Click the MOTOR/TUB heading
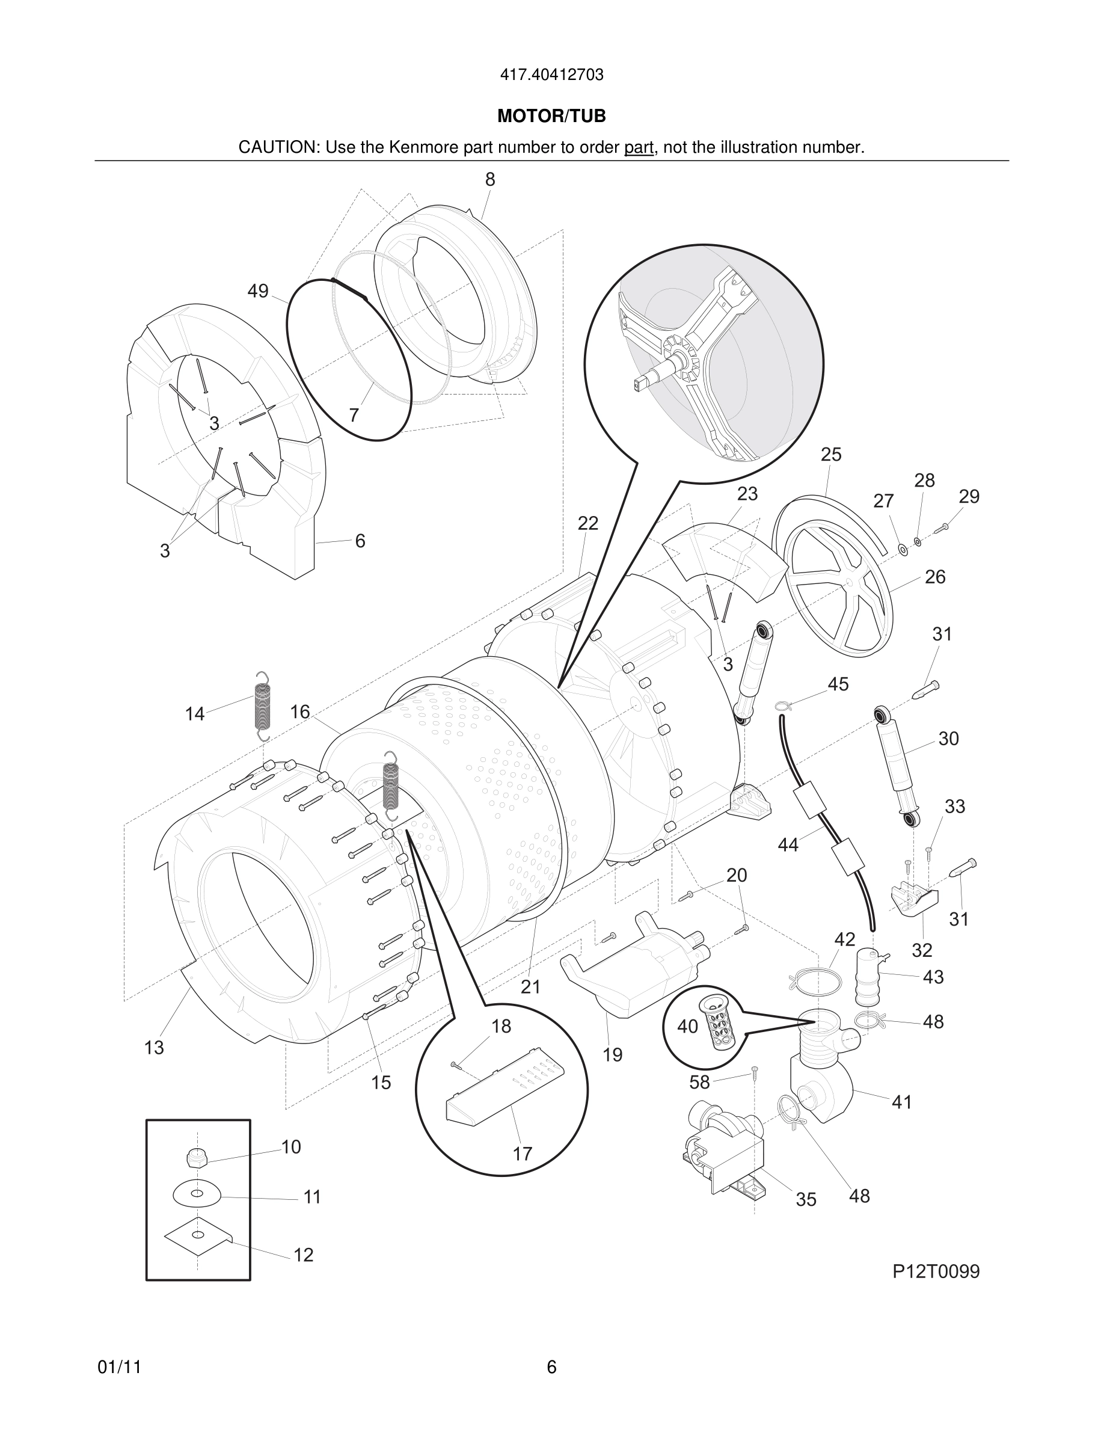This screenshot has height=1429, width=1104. tap(551, 116)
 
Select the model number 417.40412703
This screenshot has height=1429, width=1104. tap(551, 75)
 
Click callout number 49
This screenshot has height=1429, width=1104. tap(258, 291)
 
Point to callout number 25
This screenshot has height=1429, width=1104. tap(830, 454)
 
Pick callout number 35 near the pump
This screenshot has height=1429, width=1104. tap(806, 1199)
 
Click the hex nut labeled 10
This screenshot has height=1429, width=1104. tap(197, 1158)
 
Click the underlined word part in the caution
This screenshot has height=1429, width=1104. tap(639, 148)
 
